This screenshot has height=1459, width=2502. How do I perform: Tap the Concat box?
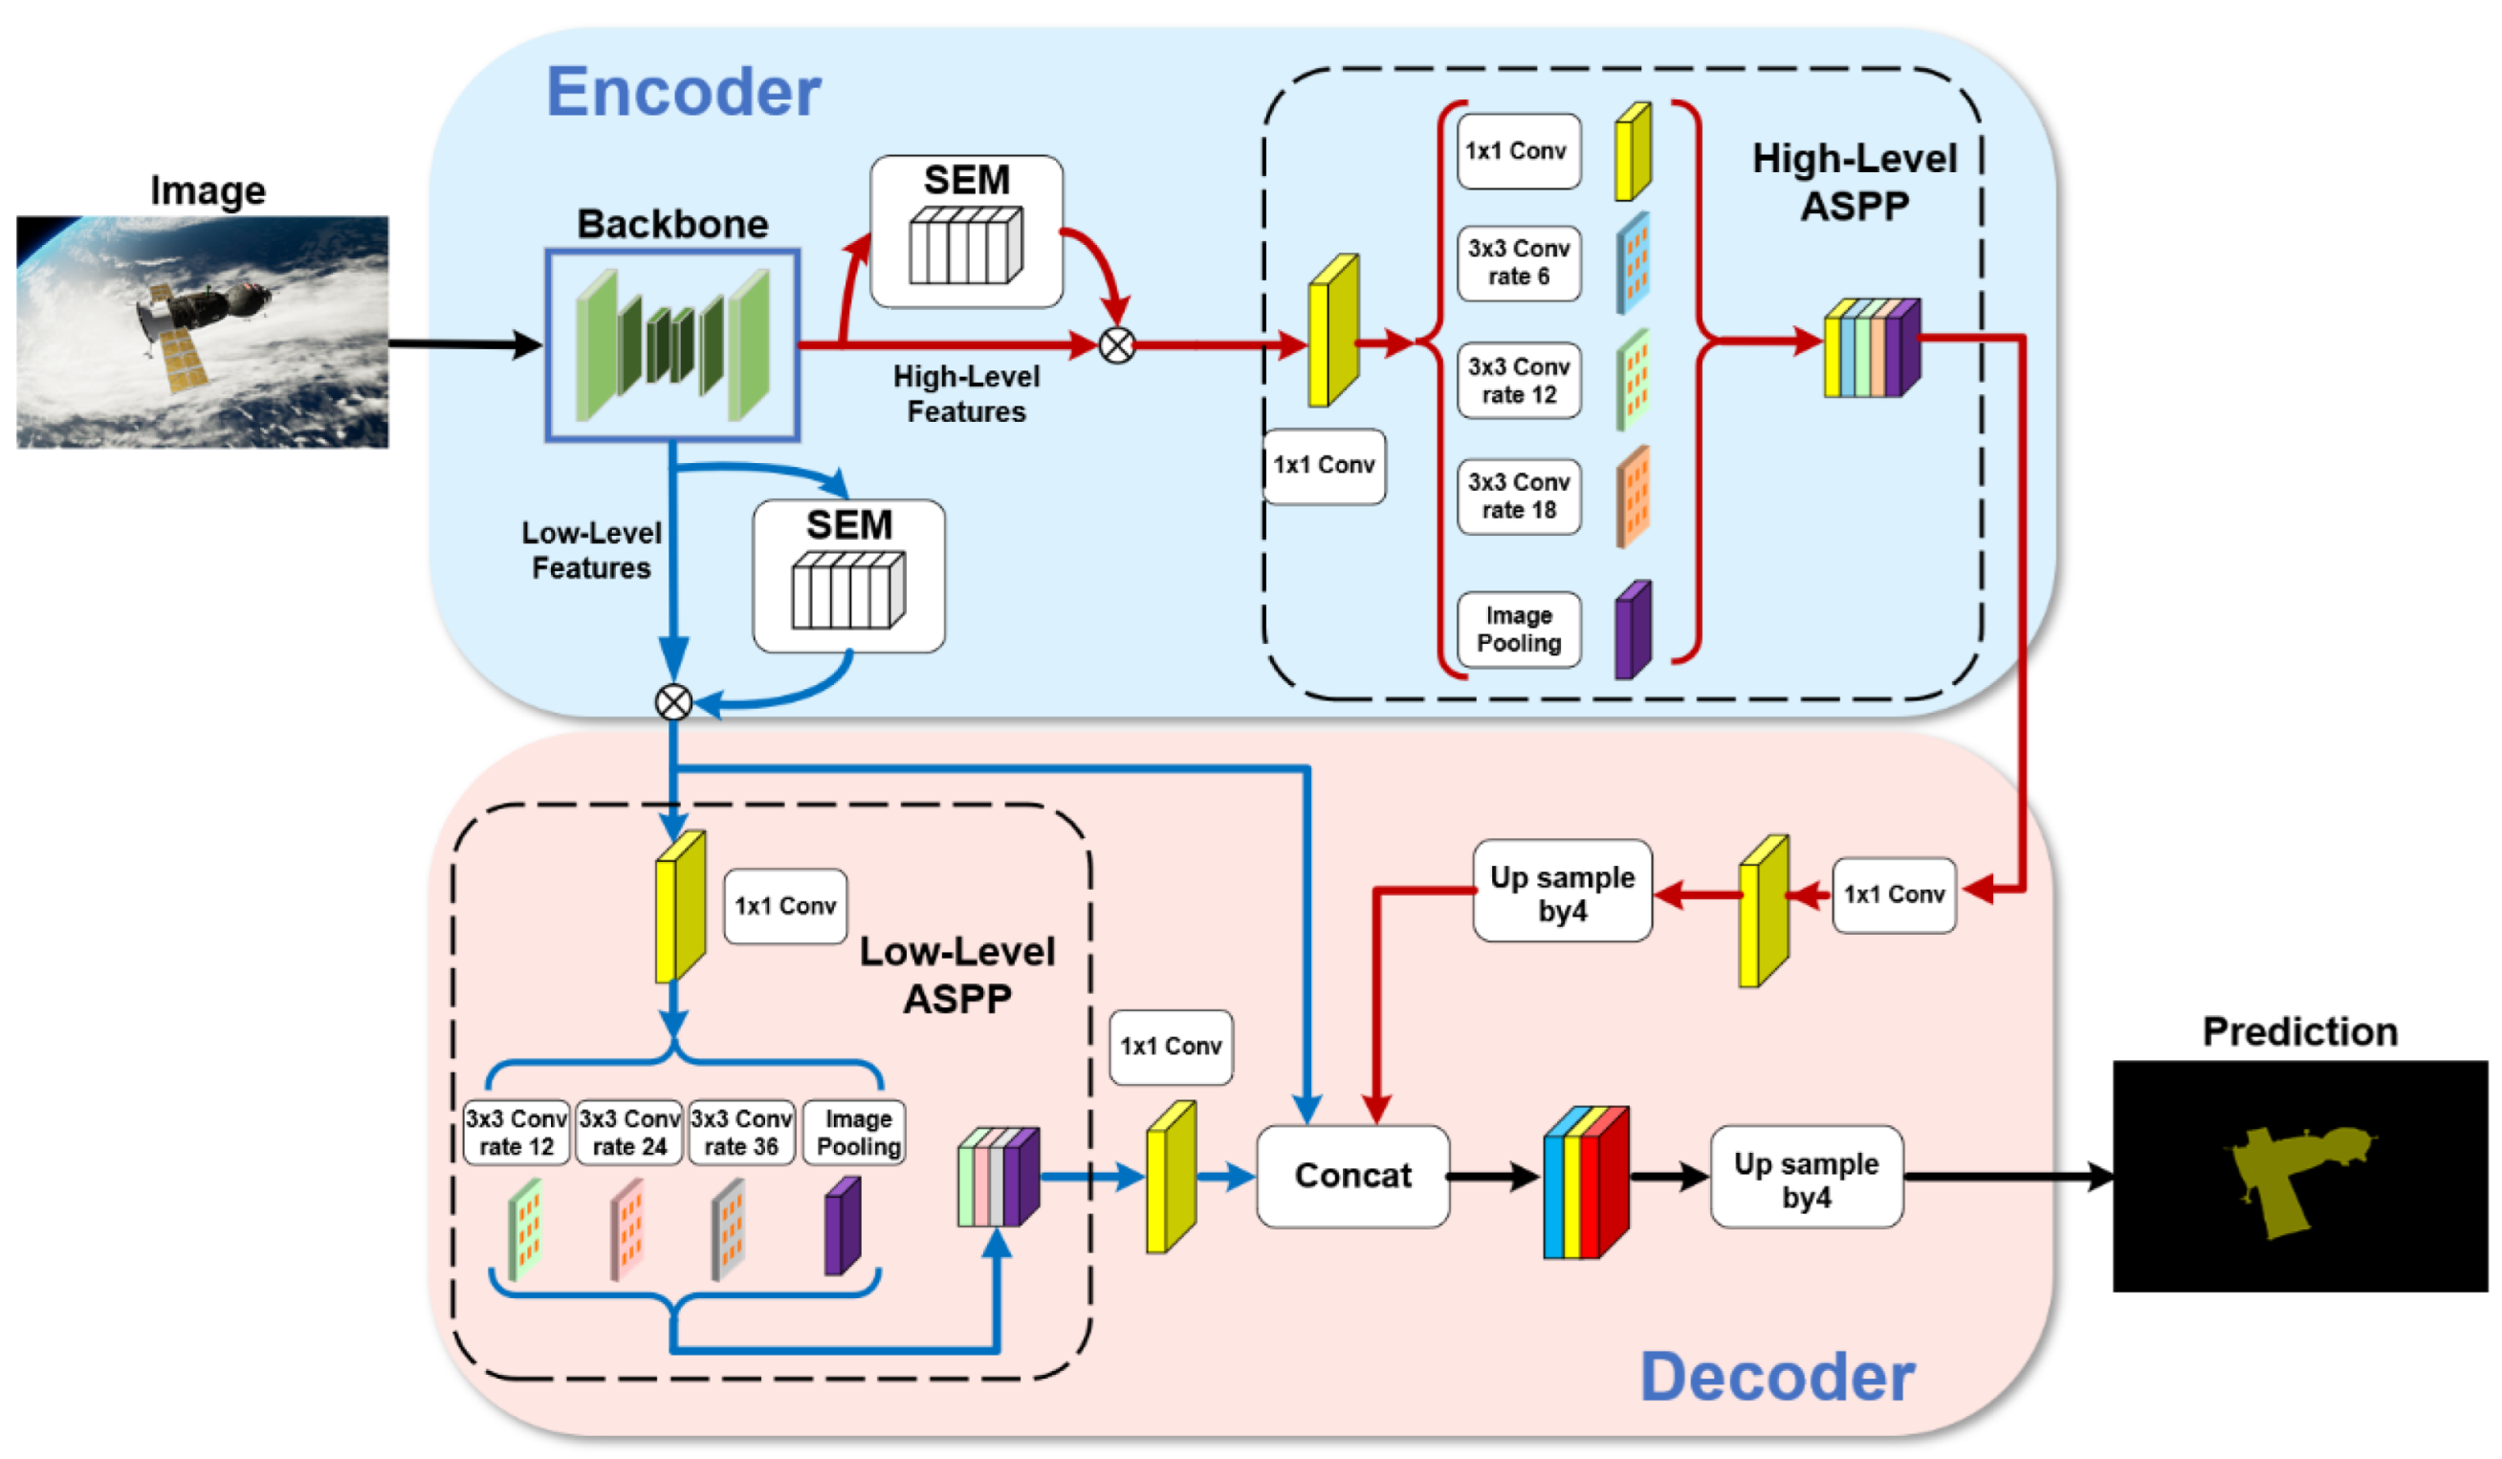[x=1352, y=1176]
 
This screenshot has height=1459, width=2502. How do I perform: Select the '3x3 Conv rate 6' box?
[x=1518, y=262]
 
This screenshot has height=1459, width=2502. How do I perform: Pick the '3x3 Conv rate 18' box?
[x=1518, y=496]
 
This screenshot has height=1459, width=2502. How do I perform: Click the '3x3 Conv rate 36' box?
[x=740, y=1132]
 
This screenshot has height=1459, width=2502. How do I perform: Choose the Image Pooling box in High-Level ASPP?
[x=1518, y=629]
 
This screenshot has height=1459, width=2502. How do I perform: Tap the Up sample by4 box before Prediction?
[x=1805, y=1178]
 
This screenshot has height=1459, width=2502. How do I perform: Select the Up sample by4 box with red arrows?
[x=1562, y=892]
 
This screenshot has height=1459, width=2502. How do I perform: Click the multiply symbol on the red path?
[x=1117, y=345]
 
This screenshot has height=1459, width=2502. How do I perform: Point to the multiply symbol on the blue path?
[x=673, y=702]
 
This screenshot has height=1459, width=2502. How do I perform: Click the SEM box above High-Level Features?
[x=965, y=231]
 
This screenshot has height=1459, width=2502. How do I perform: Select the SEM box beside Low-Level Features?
[x=848, y=575]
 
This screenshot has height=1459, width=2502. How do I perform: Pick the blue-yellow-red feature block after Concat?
[x=1585, y=1182]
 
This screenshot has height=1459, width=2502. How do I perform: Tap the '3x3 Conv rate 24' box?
[x=628, y=1132]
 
